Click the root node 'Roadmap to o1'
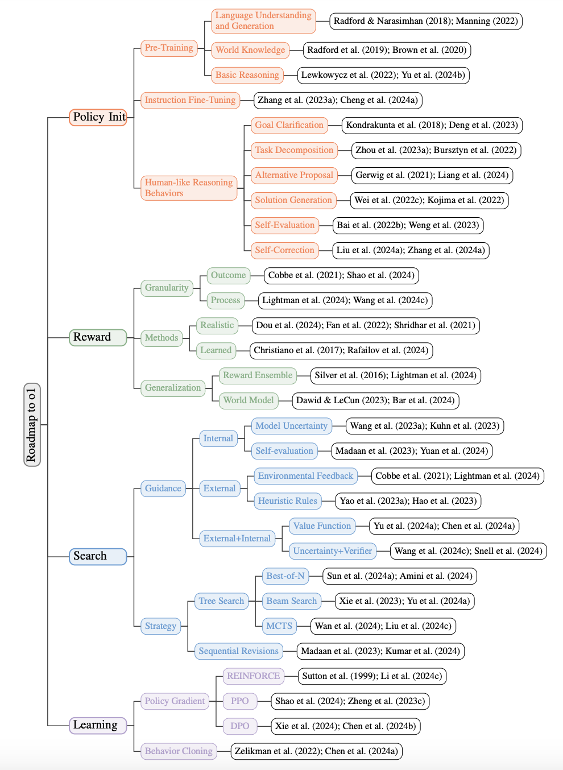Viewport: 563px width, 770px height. point(32,425)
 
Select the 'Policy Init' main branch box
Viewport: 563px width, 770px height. point(98,117)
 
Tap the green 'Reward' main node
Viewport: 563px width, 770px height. point(98,337)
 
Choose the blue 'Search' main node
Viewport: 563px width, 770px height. point(98,556)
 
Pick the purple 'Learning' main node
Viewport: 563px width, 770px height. point(98,725)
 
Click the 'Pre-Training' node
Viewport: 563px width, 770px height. point(169,48)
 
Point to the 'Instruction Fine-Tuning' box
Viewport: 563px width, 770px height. point(190,100)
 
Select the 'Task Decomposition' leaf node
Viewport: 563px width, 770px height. point(294,150)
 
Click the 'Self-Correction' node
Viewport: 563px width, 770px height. point(284,250)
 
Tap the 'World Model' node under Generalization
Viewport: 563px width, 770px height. point(249,400)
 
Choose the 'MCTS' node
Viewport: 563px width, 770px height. point(279,626)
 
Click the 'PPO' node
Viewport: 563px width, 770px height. point(239,701)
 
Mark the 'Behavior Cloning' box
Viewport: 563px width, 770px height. point(179,751)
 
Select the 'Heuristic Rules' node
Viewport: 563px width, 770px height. point(287,501)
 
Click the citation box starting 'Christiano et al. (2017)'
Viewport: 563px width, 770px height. point(341,350)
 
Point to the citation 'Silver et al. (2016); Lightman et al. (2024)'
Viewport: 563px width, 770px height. point(396,375)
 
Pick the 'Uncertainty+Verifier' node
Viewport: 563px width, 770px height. point(333,551)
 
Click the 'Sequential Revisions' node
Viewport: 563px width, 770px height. point(239,651)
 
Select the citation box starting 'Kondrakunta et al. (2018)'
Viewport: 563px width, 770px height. point(432,125)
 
